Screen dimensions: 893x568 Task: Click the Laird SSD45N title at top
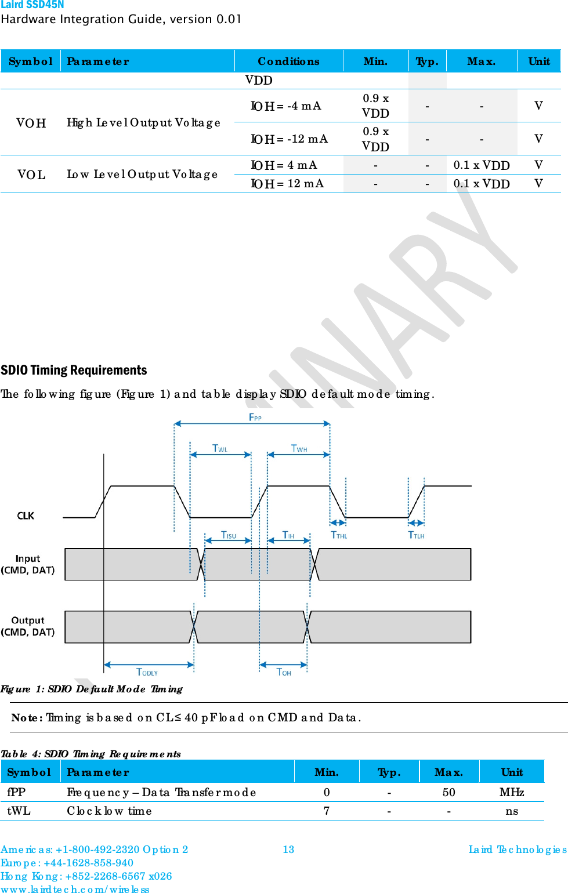(32, 5)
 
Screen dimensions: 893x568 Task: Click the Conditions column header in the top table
(288, 61)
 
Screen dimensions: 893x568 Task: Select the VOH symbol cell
(31, 123)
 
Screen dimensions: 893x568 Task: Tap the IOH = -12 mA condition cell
(289, 139)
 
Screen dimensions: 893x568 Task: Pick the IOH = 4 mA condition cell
(284, 165)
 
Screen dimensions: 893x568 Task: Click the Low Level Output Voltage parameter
(142, 175)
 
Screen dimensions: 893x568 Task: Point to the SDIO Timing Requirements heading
(74, 371)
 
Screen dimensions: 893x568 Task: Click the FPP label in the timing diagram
(255, 418)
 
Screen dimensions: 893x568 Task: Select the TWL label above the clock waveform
(220, 448)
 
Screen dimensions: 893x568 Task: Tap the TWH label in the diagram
(299, 448)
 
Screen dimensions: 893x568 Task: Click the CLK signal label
(26, 516)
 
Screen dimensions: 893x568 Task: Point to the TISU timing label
(229, 535)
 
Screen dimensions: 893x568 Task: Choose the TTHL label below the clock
(339, 535)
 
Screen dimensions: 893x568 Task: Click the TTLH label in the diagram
(416, 535)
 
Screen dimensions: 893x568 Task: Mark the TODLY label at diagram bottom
(147, 672)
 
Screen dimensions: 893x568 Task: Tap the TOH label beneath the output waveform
(284, 672)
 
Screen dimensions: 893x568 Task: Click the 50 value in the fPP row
(448, 793)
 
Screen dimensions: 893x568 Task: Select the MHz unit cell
(512, 793)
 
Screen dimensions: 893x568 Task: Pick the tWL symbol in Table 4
(19, 811)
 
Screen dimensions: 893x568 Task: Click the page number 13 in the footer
(288, 850)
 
